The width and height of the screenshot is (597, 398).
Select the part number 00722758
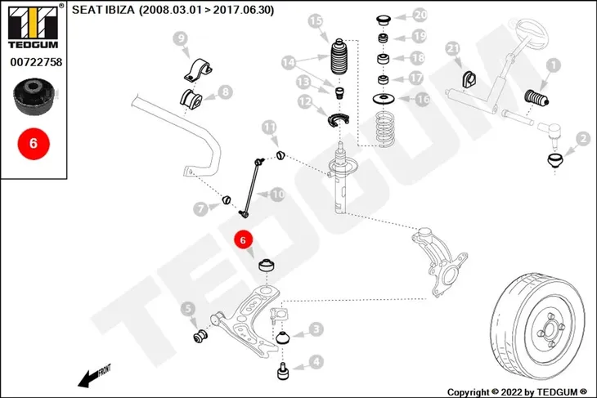coord(36,62)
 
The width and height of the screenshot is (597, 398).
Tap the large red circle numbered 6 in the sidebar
coord(34,144)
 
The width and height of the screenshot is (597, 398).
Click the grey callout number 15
coord(315,21)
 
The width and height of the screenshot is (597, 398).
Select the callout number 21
coord(453,48)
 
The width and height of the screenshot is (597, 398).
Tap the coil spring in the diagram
coord(385,129)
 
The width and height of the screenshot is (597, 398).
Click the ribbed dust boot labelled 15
coord(339,57)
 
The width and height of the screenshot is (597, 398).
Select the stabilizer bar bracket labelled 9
coord(197,71)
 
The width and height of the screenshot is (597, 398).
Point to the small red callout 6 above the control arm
coord(243,239)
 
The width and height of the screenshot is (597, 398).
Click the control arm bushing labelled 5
coord(200,336)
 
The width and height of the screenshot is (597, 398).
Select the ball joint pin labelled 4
coord(283,371)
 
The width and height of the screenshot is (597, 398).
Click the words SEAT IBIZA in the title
coord(103,10)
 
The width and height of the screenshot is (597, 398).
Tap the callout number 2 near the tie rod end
coord(583,139)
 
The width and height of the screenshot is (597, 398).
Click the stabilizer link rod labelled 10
coord(251,188)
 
